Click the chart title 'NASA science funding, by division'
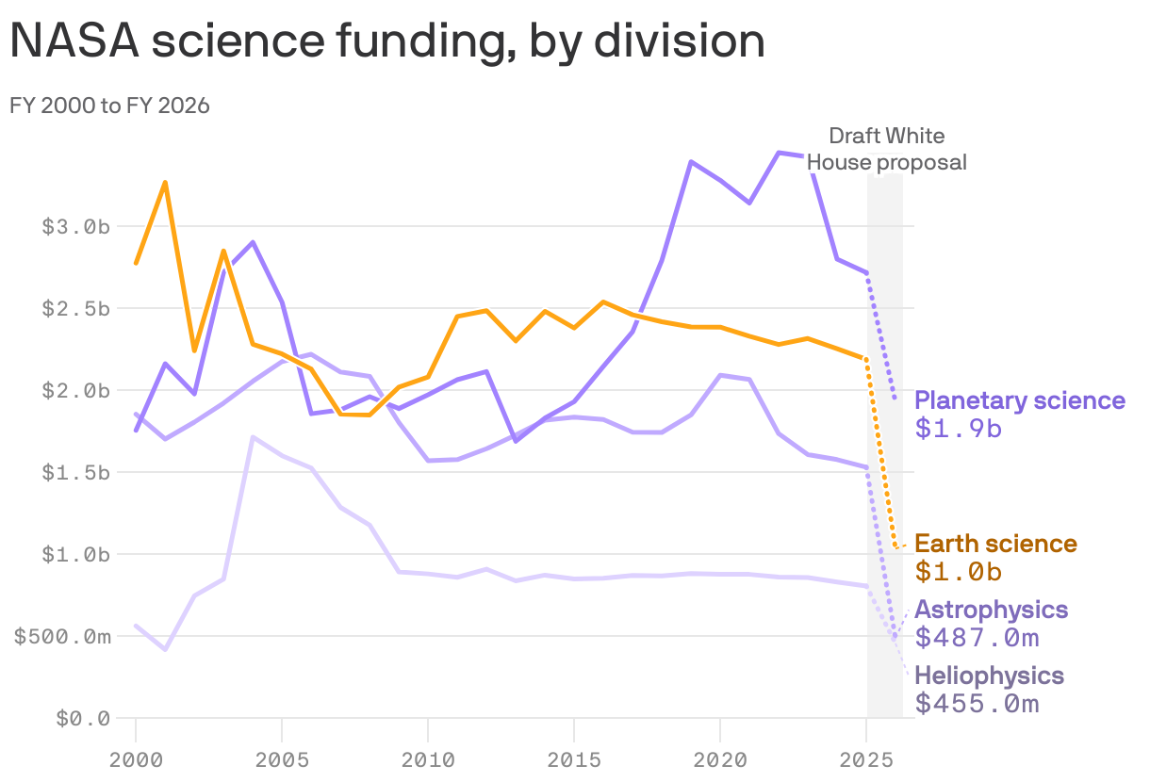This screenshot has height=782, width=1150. (x=386, y=41)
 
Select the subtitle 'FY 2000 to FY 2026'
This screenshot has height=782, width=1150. (x=109, y=106)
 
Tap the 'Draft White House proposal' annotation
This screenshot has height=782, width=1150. (x=886, y=149)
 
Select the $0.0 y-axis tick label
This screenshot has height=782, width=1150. (x=83, y=719)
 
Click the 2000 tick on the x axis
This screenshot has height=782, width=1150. (x=136, y=758)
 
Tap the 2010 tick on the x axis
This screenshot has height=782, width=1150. (x=428, y=758)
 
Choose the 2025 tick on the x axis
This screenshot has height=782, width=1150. (x=866, y=758)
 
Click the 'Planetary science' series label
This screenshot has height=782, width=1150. (x=1020, y=400)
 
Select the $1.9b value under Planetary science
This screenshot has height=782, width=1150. (x=958, y=429)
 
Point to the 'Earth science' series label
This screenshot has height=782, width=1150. (x=995, y=544)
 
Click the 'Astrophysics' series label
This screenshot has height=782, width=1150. (x=991, y=610)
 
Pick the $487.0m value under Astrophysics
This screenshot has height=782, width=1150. (x=977, y=638)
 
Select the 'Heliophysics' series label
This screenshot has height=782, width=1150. (x=989, y=676)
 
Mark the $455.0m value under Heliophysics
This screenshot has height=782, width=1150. (x=977, y=704)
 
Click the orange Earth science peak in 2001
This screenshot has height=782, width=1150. (x=165, y=182)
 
